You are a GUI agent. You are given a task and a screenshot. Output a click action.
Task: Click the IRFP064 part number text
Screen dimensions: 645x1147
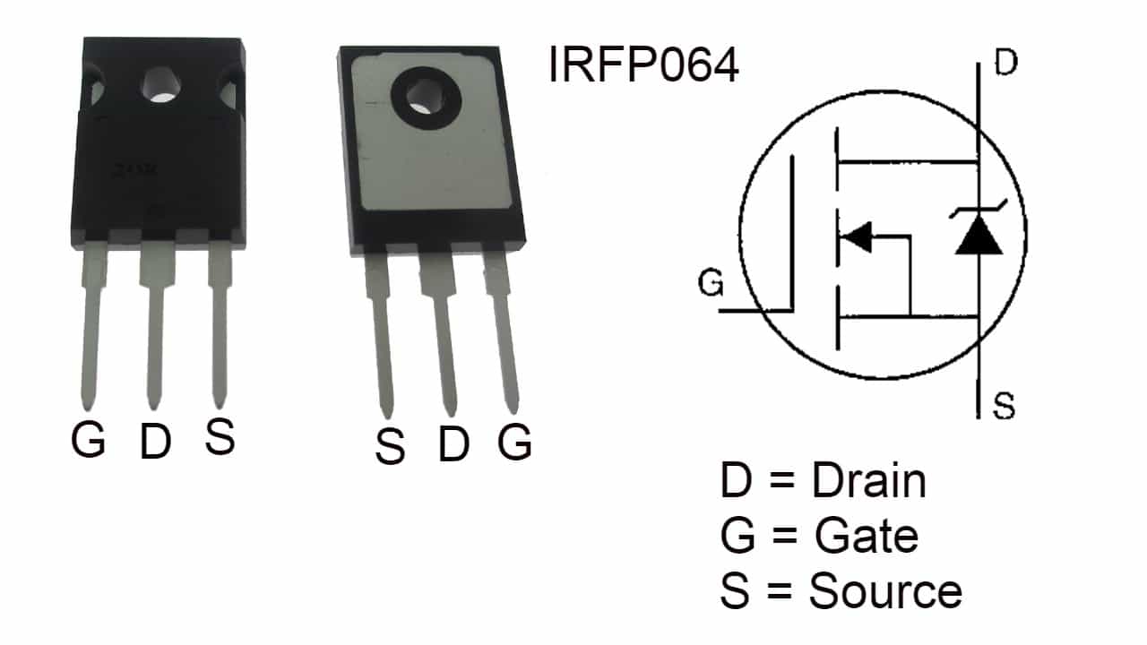[x=643, y=65]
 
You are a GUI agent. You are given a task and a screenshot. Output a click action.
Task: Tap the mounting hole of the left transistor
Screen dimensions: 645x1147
[x=161, y=87]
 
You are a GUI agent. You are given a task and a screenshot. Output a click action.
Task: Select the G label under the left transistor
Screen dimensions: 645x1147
[x=89, y=440]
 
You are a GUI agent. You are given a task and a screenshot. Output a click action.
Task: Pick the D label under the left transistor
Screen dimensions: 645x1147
[x=155, y=442]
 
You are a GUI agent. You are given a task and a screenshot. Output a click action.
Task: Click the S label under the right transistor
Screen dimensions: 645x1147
[x=390, y=447]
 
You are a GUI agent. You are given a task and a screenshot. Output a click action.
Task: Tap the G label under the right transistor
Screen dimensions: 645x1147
[x=514, y=442]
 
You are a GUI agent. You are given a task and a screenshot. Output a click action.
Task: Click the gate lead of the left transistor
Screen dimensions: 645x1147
[x=91, y=331]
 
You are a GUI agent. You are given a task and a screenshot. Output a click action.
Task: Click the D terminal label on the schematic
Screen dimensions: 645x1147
[x=1006, y=65]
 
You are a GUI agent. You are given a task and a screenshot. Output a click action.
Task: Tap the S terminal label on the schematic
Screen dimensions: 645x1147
[x=1005, y=407]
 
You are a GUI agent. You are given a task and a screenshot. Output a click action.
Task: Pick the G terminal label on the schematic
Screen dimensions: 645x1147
[x=711, y=285]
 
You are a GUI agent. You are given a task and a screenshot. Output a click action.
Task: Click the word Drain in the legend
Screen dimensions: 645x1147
[x=868, y=482]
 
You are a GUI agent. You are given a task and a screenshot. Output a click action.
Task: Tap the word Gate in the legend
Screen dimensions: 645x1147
[x=867, y=537]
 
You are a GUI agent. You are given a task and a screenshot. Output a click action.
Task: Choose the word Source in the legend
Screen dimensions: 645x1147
[x=885, y=591]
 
